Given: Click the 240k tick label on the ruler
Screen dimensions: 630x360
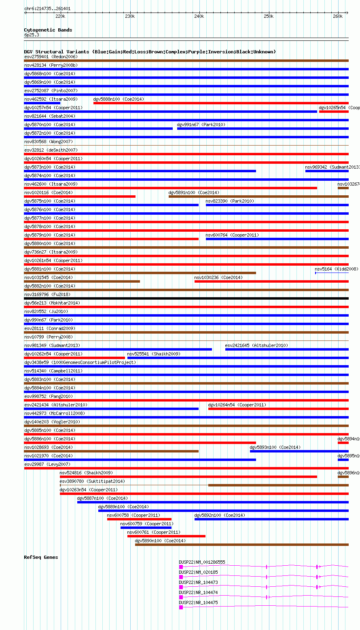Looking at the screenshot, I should point(199,16).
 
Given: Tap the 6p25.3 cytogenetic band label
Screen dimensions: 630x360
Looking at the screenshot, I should point(32,35).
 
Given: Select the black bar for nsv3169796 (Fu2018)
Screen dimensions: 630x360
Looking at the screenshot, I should point(186,298).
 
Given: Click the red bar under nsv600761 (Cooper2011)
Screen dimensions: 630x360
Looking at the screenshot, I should point(166,536).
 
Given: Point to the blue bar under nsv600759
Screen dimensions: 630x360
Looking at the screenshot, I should point(146,528).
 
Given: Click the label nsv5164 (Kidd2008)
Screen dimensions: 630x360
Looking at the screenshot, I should point(337,269).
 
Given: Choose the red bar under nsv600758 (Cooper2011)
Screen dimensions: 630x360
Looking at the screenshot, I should point(139,519).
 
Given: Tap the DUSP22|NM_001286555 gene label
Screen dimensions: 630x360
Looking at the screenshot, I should point(202,562).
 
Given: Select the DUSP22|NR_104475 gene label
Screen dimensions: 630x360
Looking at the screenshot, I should point(198,603).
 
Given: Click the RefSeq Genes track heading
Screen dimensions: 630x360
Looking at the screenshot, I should point(41,557).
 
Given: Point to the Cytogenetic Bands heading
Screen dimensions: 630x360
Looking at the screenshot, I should point(48,30).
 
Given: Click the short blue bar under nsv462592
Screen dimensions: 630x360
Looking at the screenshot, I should point(42,103).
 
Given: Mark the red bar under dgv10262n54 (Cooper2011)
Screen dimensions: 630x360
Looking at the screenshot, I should point(74,358).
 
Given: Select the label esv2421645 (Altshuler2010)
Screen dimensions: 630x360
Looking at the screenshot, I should point(256,345).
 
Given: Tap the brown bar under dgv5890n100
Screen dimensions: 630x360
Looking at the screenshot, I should point(241,545).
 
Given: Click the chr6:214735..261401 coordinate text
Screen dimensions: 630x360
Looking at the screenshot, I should point(47,8).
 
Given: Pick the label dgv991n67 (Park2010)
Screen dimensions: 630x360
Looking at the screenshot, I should point(201,125).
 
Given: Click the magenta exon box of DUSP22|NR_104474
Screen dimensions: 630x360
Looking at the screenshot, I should point(181,597).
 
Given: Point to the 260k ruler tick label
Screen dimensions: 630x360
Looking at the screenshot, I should point(338,16).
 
